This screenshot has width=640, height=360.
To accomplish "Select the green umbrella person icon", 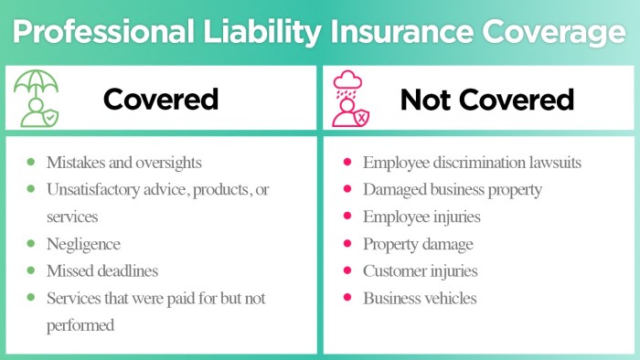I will click(x=37, y=98).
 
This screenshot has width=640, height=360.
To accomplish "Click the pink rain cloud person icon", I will click(x=351, y=99).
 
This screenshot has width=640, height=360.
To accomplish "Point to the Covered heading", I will click(x=161, y=99).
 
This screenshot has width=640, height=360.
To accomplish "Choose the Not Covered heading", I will click(x=486, y=99).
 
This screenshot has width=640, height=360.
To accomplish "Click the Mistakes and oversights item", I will click(x=124, y=163).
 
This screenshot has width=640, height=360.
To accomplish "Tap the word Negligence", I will click(x=84, y=244).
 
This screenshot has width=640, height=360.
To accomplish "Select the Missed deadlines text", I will click(x=102, y=271).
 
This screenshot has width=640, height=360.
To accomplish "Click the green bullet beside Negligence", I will click(x=30, y=243).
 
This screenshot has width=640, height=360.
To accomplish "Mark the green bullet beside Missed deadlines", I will click(x=30, y=270).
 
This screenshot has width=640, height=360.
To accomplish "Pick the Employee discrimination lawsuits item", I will click(x=472, y=163).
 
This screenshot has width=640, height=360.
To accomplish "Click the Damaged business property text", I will click(x=453, y=190).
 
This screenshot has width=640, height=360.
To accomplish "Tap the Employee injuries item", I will click(x=421, y=217).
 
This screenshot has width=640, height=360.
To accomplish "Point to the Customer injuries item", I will click(x=420, y=271).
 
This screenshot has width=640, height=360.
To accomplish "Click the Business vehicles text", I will click(x=419, y=298).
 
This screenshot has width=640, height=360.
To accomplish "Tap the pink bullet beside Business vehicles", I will click(x=347, y=298).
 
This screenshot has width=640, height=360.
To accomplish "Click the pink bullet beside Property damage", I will click(x=347, y=243).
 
